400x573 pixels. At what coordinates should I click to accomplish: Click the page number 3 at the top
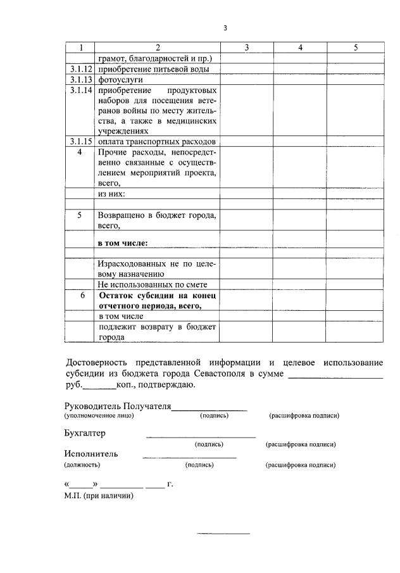click(225, 27)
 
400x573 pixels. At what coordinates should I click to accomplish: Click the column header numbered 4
click(301, 47)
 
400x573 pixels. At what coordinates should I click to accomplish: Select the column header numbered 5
click(356, 47)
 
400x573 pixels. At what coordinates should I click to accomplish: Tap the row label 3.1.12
click(80, 69)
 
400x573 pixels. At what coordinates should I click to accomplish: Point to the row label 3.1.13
click(80, 80)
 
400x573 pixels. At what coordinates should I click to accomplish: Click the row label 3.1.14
click(80, 91)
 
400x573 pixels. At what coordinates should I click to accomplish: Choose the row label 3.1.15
click(80, 141)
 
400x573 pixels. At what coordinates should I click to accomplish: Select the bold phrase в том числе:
click(122, 242)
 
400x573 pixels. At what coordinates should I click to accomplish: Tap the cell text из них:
click(112, 193)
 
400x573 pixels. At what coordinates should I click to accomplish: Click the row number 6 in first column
click(80, 296)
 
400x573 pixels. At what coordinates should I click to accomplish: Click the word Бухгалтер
click(85, 433)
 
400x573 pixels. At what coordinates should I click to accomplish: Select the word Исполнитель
click(91, 453)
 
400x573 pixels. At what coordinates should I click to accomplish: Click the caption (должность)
click(82, 465)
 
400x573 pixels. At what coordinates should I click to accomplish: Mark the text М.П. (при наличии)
click(98, 496)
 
